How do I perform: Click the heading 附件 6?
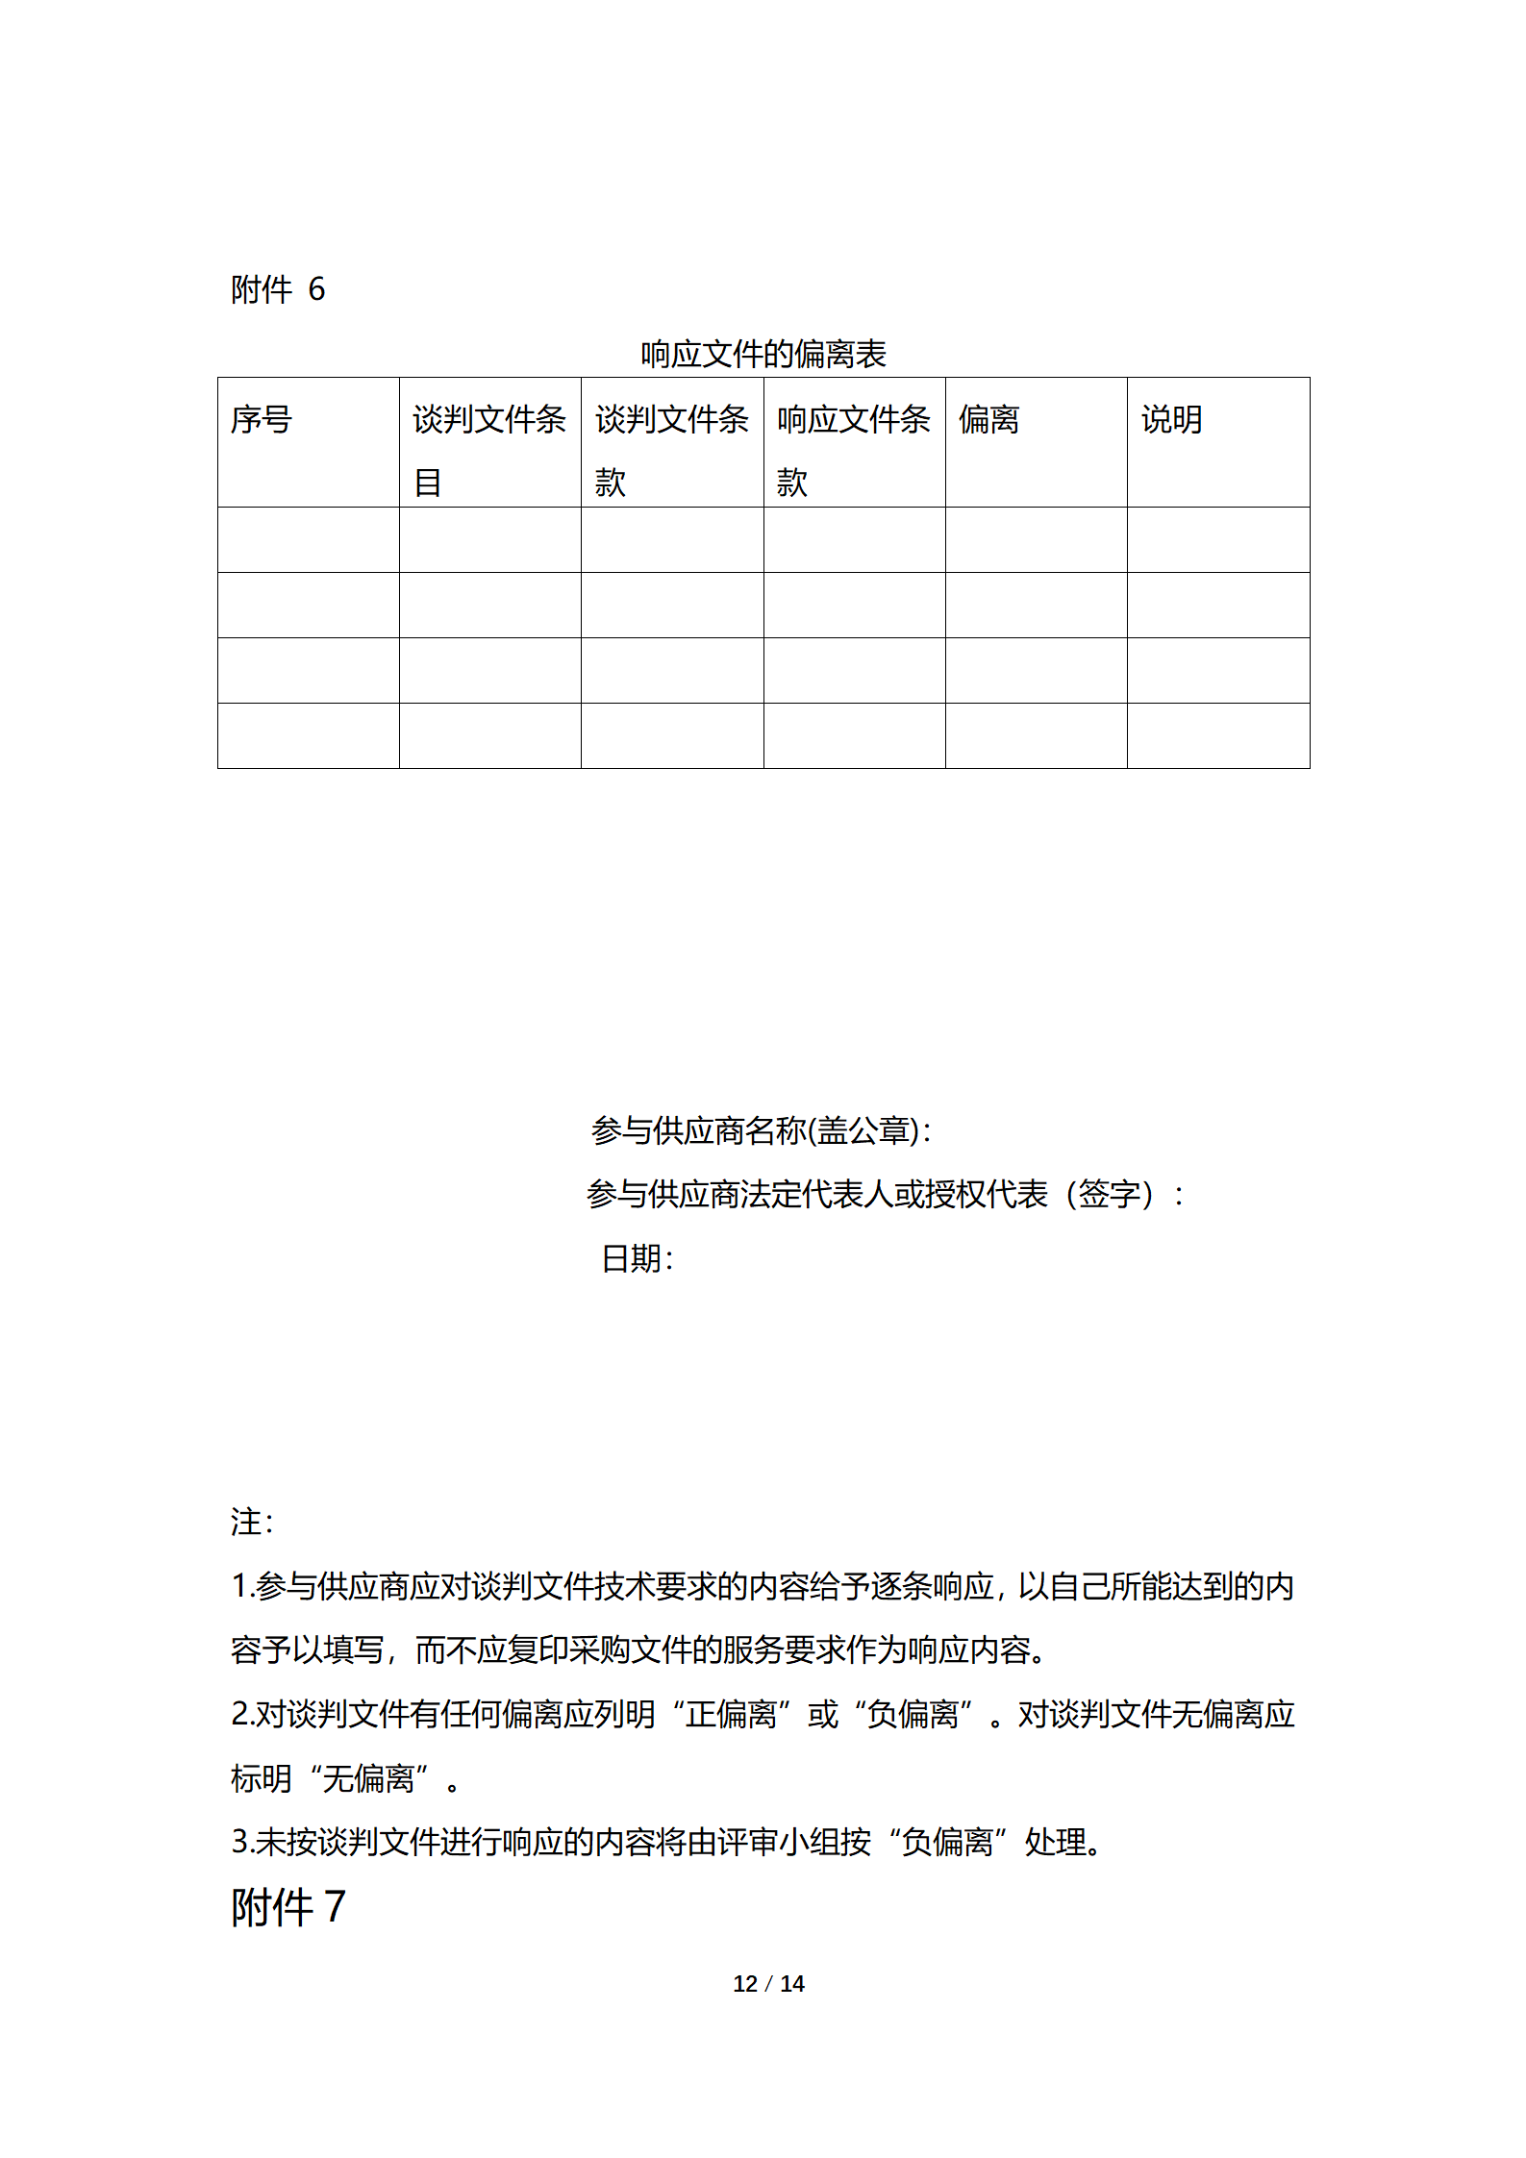point(278,289)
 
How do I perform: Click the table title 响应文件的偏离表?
point(763,355)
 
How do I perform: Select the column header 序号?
point(261,420)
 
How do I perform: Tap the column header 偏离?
point(988,420)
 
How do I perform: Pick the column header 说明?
point(1171,420)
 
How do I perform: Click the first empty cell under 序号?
point(308,540)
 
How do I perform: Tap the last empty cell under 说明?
point(1218,736)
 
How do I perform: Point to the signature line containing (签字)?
point(885,1195)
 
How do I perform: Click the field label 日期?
point(637,1259)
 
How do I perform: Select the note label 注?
point(252,1523)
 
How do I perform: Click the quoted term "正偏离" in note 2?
point(731,1715)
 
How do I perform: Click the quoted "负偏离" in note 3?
point(947,1843)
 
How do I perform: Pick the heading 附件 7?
point(288,1908)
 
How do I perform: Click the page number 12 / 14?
point(768,1984)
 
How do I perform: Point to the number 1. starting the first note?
point(242,1587)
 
